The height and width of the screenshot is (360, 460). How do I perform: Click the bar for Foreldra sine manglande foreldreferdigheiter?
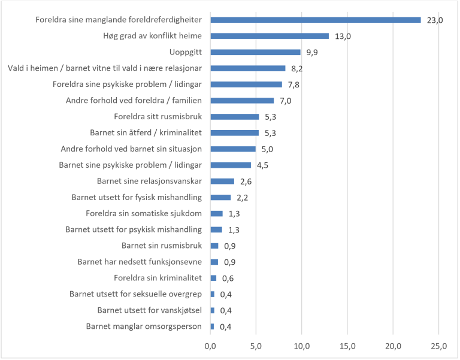tap(316, 20)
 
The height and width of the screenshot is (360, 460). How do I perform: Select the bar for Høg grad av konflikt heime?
tap(270, 36)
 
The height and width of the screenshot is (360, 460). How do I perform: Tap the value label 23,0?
tap(434, 20)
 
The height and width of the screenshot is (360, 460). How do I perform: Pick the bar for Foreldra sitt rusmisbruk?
tap(235, 117)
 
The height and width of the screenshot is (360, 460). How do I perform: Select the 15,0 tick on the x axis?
tap(347, 346)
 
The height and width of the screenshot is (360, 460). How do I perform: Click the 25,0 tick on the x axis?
tap(438, 346)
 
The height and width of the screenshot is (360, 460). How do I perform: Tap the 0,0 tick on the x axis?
tap(211, 346)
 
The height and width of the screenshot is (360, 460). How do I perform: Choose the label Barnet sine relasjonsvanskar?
tap(149, 181)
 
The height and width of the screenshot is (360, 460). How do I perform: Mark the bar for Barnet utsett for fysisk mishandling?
tap(220, 197)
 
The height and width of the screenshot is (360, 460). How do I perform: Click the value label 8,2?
tap(298, 69)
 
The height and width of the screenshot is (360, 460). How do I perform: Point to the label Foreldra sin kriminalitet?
tap(158, 277)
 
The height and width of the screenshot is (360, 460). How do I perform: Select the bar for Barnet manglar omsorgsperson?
tap(212, 326)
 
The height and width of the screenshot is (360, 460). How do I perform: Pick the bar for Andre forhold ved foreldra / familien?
tap(243, 101)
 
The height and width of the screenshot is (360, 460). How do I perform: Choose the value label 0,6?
tap(228, 278)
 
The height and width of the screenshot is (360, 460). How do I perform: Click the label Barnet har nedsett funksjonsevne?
tap(140, 261)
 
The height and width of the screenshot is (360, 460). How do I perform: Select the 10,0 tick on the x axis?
tap(302, 346)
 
